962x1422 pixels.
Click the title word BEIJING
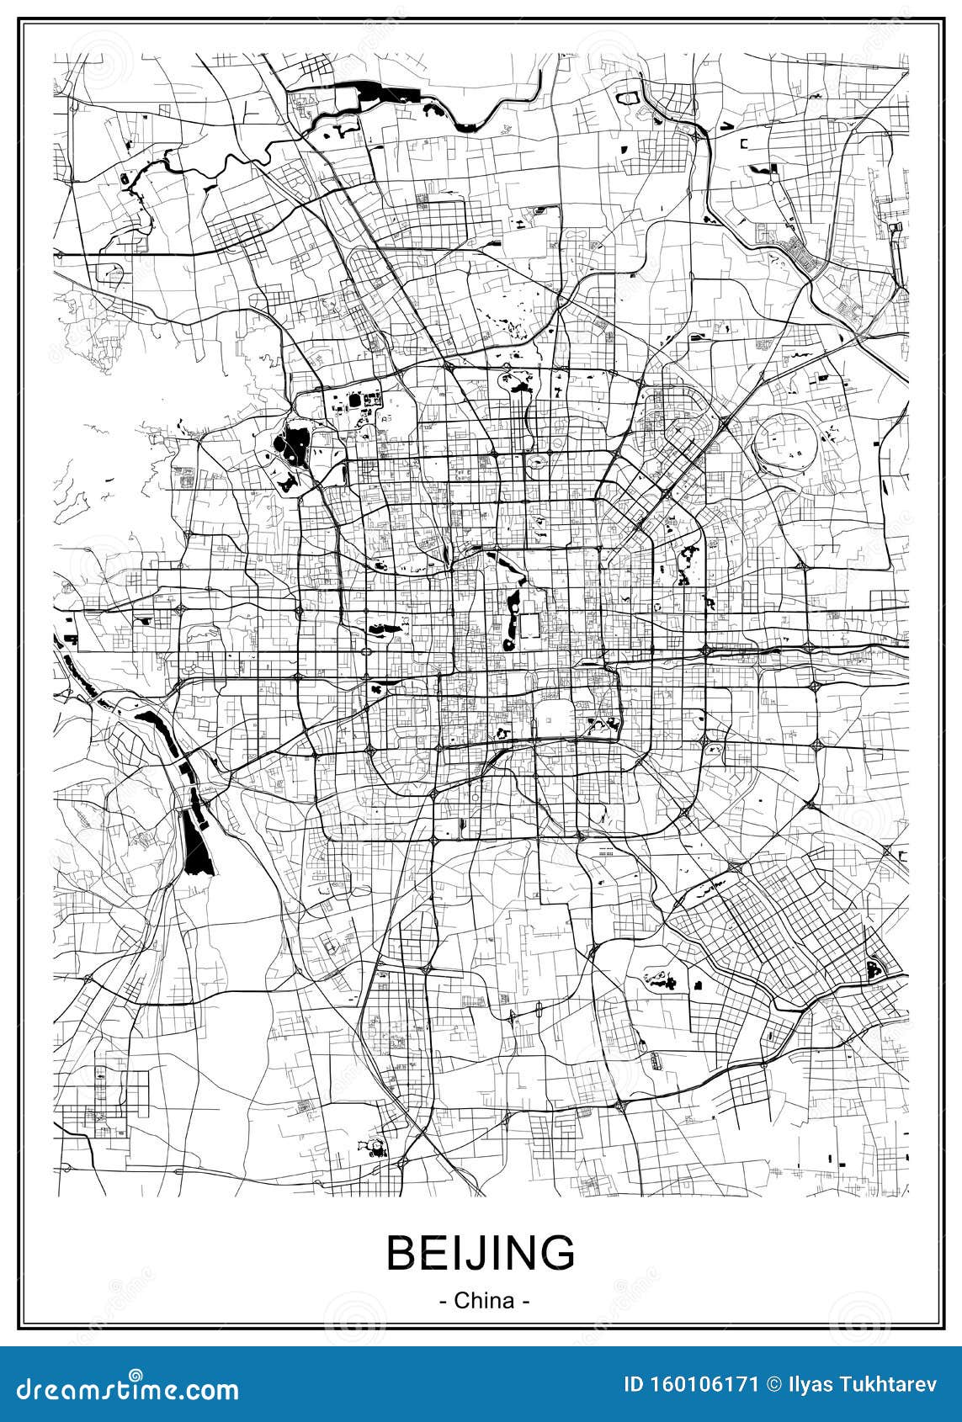(x=481, y=1253)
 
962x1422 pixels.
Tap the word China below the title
(x=484, y=1300)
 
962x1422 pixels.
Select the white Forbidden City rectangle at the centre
(x=530, y=628)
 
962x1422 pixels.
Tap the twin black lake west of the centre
(x=381, y=628)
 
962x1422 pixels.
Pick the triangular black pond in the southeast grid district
(x=875, y=970)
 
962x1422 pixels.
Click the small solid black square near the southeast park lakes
(x=698, y=984)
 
